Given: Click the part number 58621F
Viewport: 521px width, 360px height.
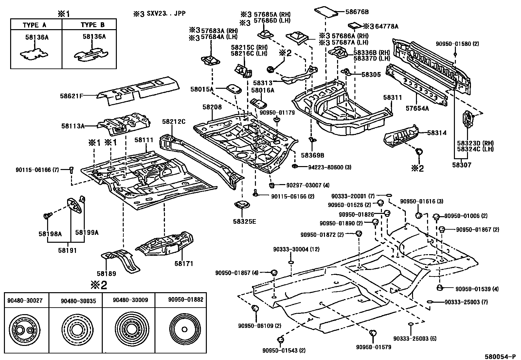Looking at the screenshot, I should click(70, 96).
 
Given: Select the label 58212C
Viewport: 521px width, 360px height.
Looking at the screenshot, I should click(173, 122).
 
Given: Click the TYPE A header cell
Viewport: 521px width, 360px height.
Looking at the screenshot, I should click(34, 25).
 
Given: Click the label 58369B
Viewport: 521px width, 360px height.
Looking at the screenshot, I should click(313, 155).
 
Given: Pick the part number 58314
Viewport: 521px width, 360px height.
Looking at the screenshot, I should click(437, 133).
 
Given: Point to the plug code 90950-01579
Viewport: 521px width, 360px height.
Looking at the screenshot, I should click(373, 347).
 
